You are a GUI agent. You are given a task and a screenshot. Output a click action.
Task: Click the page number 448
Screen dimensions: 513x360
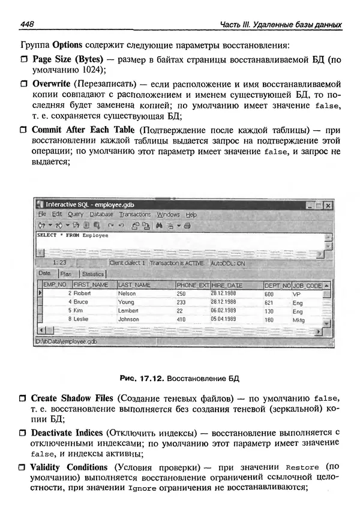click(27, 25)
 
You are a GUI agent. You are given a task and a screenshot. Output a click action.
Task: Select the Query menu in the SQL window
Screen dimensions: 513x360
click(76, 214)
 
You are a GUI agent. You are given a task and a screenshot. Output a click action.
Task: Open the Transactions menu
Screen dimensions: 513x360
click(134, 214)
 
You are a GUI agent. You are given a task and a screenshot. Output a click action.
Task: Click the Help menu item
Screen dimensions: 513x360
click(191, 214)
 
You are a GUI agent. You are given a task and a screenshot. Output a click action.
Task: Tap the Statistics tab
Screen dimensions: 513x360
click(92, 274)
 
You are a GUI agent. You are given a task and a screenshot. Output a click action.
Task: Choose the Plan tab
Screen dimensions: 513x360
click(66, 274)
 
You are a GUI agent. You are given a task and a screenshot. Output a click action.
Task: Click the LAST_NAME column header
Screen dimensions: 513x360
click(134, 284)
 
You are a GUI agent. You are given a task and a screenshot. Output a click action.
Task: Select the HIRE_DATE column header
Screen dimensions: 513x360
click(227, 284)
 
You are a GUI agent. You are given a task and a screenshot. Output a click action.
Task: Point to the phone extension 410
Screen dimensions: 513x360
click(181, 320)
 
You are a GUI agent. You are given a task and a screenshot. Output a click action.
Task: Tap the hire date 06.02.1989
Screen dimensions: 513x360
click(223, 311)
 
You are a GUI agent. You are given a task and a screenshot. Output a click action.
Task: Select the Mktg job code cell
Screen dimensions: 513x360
click(298, 320)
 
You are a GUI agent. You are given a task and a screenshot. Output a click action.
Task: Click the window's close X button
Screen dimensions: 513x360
click(327, 205)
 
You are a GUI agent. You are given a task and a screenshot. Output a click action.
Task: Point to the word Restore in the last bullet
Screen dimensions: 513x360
click(302, 467)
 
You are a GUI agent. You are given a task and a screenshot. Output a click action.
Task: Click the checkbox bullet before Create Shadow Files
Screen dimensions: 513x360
click(23, 398)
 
